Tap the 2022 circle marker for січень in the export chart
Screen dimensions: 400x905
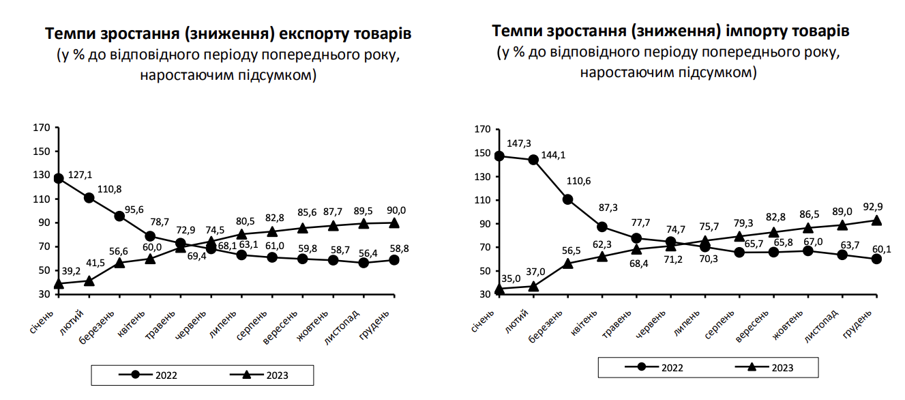tap(59, 179)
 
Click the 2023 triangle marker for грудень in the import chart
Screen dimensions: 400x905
tap(876, 220)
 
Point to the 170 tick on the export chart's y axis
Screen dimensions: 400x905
tap(42, 128)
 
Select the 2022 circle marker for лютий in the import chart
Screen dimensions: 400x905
tap(533, 160)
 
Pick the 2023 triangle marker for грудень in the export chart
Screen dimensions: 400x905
tap(394, 223)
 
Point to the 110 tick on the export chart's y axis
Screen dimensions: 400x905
tap(42, 199)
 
